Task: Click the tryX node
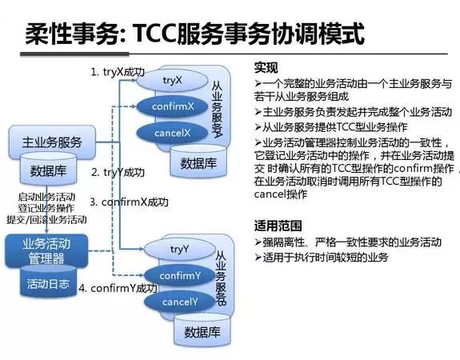click(x=173, y=80)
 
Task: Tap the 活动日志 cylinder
click(x=48, y=283)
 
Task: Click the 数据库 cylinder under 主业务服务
click(x=48, y=171)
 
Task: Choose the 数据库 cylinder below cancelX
click(x=195, y=163)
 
